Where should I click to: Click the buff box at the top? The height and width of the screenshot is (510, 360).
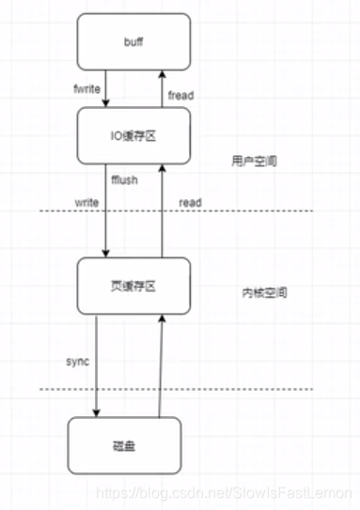[x=133, y=43]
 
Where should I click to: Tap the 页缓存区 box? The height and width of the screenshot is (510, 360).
[x=133, y=286]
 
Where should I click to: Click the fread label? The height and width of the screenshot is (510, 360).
[x=180, y=96]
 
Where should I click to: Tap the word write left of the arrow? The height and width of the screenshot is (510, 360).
[x=87, y=202]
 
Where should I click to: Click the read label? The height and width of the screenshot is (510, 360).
[x=191, y=203]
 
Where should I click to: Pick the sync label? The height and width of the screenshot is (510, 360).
[x=77, y=361]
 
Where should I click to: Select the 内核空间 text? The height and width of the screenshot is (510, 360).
[x=257, y=293]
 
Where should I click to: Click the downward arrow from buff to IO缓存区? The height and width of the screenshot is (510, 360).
[x=106, y=88]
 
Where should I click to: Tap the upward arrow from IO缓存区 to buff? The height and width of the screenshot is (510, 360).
[x=162, y=88]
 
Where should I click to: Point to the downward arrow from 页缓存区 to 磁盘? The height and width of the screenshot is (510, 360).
[x=96, y=366]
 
